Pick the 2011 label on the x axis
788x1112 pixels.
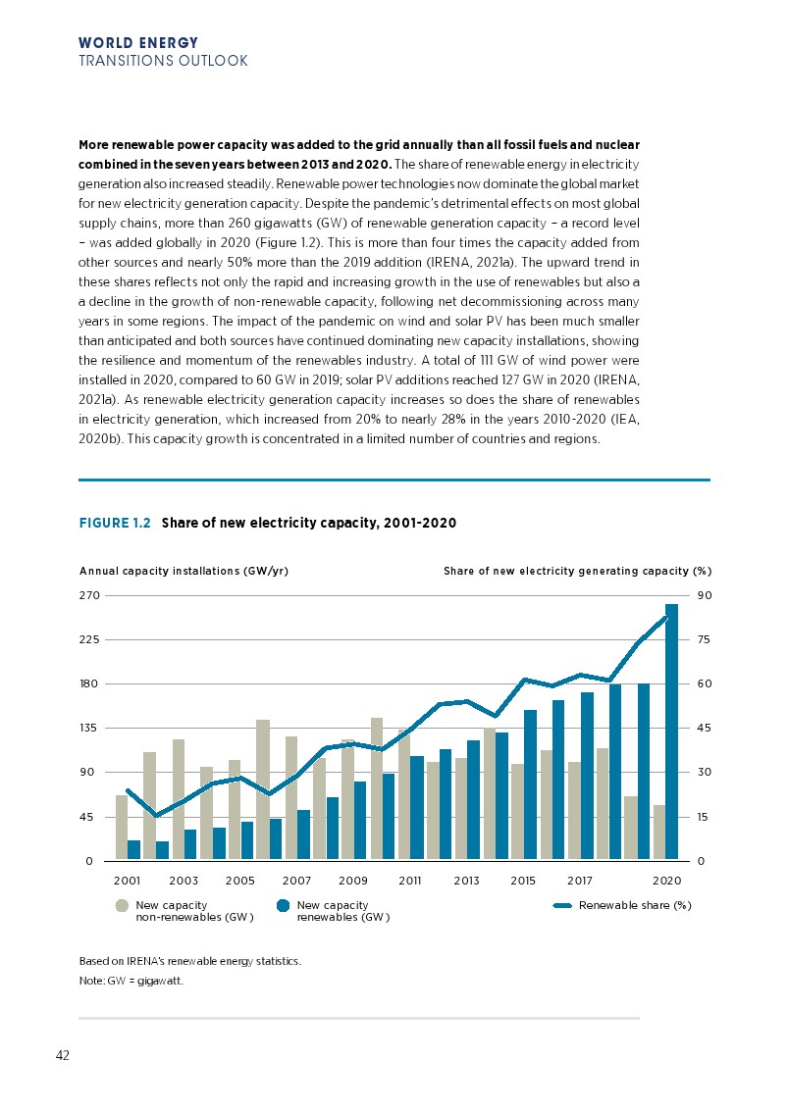click(410, 881)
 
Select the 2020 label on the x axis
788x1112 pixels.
click(667, 881)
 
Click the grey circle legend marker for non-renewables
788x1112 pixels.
click(122, 906)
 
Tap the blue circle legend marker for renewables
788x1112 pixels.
click(283, 906)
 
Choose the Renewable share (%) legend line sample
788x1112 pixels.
click(563, 906)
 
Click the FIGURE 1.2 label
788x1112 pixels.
click(115, 524)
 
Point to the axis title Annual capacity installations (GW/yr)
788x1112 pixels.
click(184, 571)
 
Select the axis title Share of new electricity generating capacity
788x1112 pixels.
click(577, 571)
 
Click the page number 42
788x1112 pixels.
click(62, 1055)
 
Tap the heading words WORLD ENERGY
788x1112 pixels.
click(137, 43)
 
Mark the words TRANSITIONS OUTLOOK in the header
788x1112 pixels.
click(163, 61)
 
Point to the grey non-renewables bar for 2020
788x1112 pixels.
click(659, 833)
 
